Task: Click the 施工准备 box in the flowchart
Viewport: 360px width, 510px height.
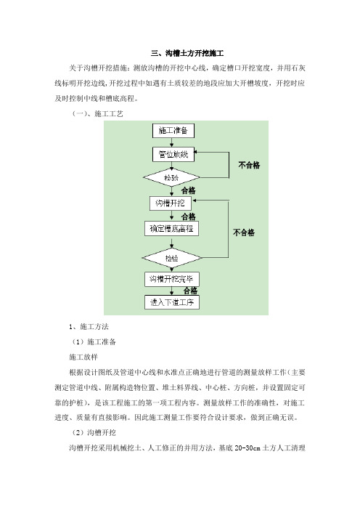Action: (173, 131)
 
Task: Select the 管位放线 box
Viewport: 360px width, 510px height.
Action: (173, 154)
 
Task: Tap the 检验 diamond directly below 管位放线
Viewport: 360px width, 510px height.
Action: (171, 177)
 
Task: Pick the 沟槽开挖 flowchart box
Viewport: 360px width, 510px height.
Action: (171, 203)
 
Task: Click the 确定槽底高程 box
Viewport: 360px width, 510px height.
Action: (171, 229)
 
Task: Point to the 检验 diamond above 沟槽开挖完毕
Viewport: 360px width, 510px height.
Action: (171, 258)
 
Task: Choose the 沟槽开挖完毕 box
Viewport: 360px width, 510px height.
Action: (171, 279)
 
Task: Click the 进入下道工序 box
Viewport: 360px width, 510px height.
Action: (171, 302)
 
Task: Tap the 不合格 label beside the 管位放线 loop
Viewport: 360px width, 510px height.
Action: (249, 165)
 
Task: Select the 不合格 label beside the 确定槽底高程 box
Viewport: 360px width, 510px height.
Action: (244, 232)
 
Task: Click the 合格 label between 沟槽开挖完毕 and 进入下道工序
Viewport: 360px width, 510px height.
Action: (190, 291)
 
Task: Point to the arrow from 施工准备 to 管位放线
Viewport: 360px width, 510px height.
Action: (172, 142)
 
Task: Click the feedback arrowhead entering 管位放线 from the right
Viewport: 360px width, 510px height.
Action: (196, 152)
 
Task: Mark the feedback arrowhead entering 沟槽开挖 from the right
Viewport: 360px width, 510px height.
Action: (194, 201)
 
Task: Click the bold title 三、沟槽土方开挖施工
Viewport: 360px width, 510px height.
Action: (187, 53)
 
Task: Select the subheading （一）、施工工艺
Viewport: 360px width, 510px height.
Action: (97, 114)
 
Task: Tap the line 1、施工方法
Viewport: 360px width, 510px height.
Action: (89, 326)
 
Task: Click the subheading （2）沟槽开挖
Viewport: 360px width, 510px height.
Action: (94, 432)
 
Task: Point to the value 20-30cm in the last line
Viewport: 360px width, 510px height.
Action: (247, 448)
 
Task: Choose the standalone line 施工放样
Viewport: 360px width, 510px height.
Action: (83, 357)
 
